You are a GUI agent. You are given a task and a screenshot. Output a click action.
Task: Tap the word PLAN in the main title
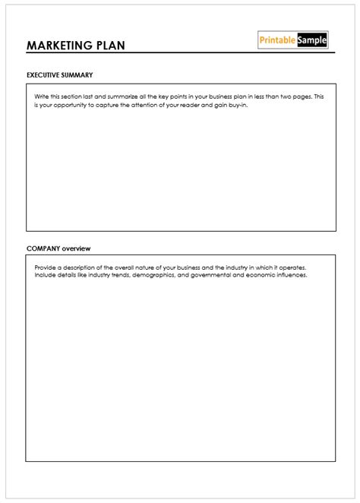point(108,45)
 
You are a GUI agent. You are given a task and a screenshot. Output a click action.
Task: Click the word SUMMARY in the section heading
point(80,75)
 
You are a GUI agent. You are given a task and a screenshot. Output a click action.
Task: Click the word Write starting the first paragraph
point(42,96)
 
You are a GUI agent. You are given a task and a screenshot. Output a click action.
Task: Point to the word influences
point(289,275)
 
